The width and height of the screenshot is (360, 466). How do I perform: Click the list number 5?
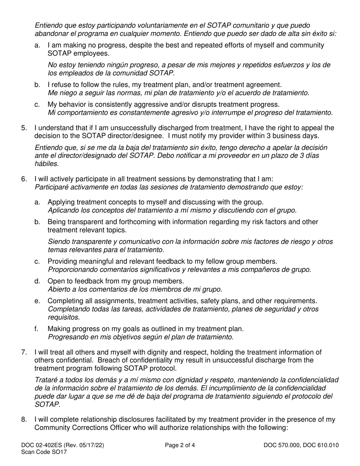(24, 128)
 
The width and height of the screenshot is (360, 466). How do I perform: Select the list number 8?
(24, 420)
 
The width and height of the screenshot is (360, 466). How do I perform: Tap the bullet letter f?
(36, 329)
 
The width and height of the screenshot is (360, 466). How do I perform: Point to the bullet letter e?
(37, 301)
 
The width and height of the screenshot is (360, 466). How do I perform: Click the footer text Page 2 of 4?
(180, 445)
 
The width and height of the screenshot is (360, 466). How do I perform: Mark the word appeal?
(310, 128)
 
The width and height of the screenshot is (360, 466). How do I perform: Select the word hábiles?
(46, 164)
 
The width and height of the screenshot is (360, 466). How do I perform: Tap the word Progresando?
(67, 336)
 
